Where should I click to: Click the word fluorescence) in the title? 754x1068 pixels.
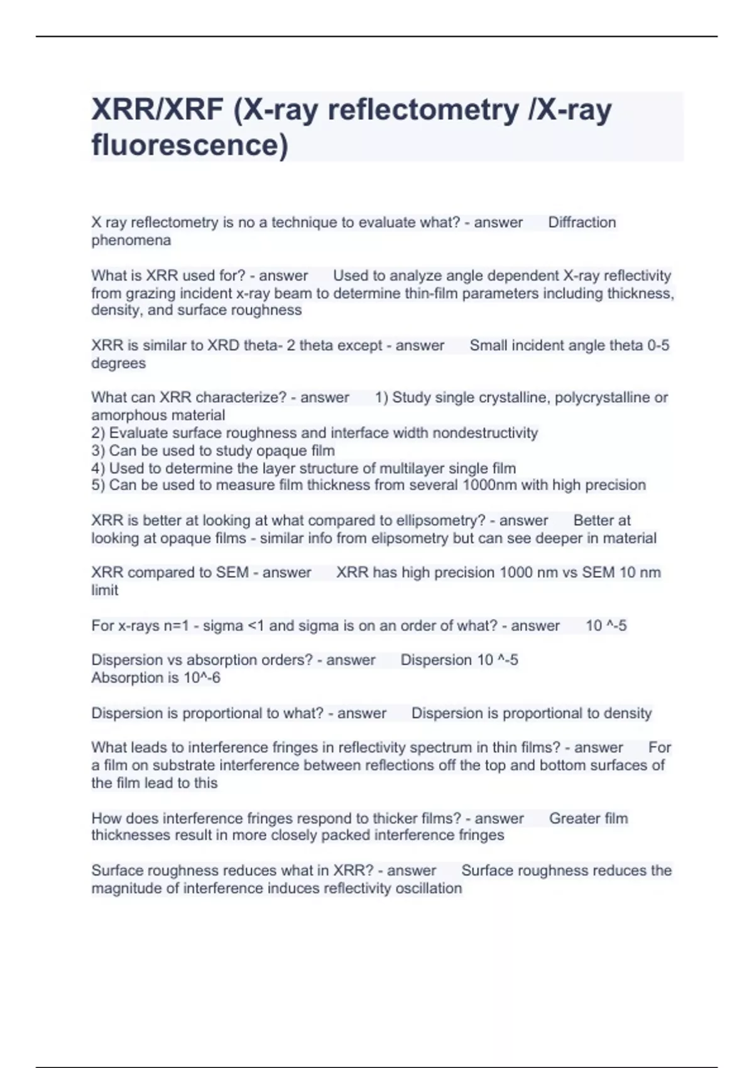click(x=190, y=144)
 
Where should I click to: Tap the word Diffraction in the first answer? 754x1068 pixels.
click(x=582, y=222)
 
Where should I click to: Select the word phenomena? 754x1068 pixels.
click(x=131, y=240)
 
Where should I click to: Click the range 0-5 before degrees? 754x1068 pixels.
click(x=658, y=346)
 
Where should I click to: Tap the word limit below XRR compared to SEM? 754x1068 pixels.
click(x=104, y=590)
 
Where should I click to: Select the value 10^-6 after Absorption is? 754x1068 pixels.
click(x=202, y=678)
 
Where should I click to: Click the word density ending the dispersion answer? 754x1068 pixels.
click(x=628, y=713)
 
